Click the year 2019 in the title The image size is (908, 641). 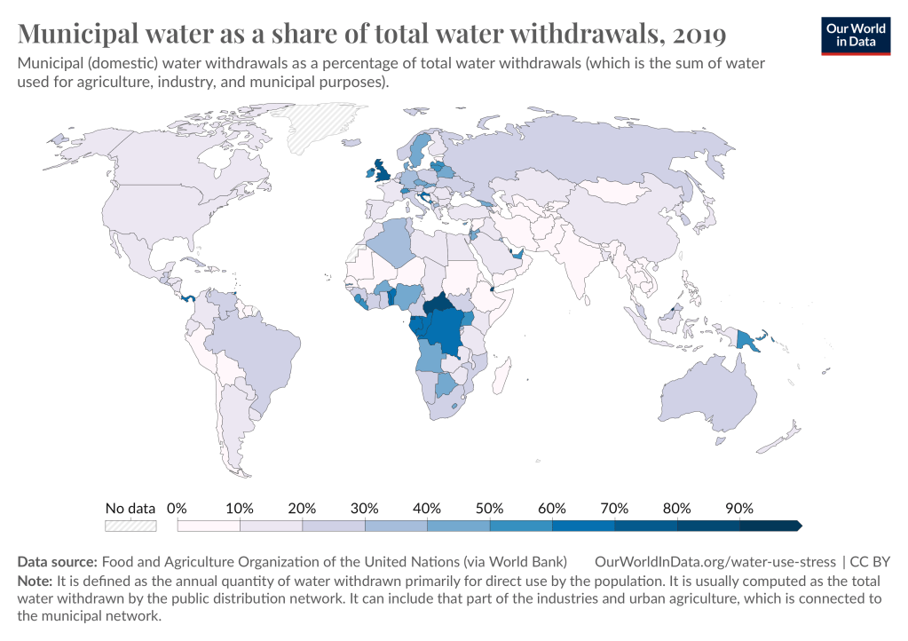pos(699,34)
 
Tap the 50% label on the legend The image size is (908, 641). pos(489,509)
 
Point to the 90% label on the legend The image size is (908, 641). pos(739,509)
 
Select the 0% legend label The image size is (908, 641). pos(177,509)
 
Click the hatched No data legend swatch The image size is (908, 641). pos(130,526)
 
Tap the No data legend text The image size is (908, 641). pos(130,509)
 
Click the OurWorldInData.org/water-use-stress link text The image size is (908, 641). pos(715,562)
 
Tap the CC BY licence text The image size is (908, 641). pos(870,562)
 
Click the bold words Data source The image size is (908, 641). pos(57,562)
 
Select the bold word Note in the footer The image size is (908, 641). pos(35,582)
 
